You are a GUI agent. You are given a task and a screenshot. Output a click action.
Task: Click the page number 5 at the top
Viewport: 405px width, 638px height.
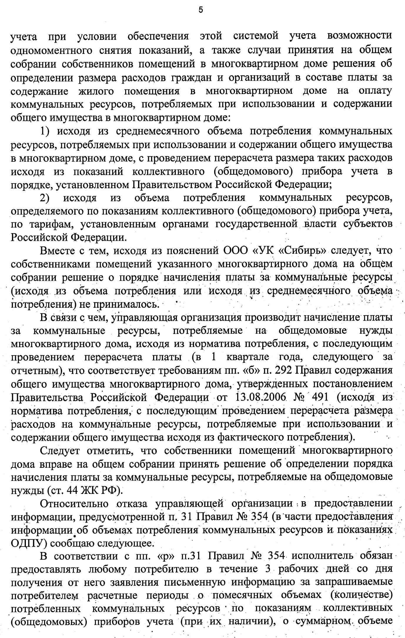(x=201, y=10)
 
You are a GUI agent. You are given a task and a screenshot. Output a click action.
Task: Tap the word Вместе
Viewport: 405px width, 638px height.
(x=57, y=251)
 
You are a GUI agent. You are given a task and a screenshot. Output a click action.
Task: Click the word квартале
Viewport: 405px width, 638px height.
(x=247, y=357)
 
